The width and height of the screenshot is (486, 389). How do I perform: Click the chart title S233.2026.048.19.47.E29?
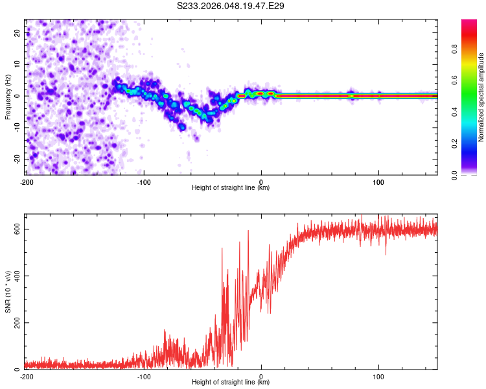[x=231, y=6]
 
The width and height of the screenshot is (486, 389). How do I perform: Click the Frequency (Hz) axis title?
[x=8, y=95]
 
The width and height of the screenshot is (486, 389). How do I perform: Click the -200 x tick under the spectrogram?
[x=27, y=182]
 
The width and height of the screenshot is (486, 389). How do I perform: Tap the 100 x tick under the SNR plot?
[x=378, y=376]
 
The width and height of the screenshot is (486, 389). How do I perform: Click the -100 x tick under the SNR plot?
[x=144, y=376]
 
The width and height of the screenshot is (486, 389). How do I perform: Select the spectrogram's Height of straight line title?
[x=231, y=188]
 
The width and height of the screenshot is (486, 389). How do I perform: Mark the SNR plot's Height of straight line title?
[x=231, y=383]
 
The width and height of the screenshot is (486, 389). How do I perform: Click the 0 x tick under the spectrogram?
[x=261, y=182]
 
